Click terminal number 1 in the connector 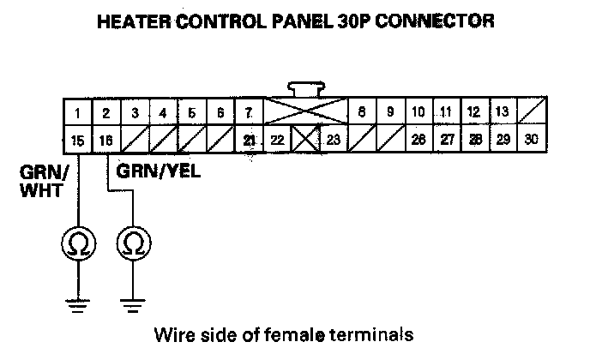(x=77, y=112)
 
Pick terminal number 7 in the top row (x=248, y=112)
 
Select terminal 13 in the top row (x=503, y=112)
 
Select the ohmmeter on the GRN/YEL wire (x=133, y=243)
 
